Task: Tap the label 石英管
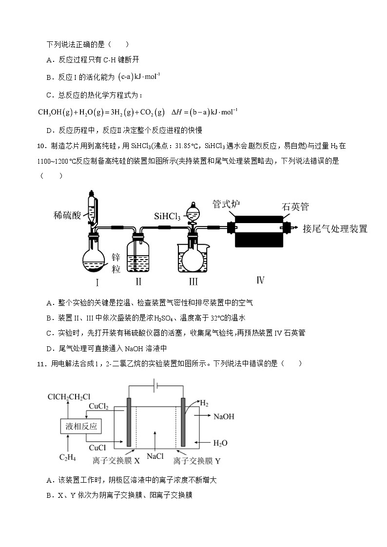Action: [x=295, y=207]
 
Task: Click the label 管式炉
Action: [x=226, y=204]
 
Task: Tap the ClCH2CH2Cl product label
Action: [x=69, y=397]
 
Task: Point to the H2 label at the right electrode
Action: [x=204, y=404]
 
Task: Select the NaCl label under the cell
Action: [x=155, y=456]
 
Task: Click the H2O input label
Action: [x=220, y=443]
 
